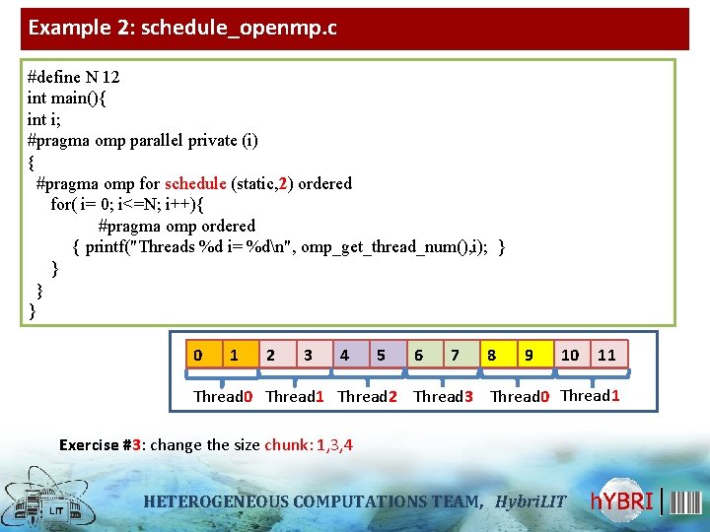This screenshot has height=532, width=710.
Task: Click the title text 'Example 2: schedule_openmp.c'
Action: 182,28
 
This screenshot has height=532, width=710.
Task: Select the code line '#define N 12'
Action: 74,77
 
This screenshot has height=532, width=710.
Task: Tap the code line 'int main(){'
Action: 68,99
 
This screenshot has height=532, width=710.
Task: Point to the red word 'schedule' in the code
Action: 195,183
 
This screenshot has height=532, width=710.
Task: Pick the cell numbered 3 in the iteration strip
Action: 309,355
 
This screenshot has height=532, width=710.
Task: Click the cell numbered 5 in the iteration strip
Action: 381,355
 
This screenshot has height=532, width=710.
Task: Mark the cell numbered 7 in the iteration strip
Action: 455,355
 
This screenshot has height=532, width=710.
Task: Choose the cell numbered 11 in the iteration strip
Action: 606,355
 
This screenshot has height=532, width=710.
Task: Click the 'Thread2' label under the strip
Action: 367,396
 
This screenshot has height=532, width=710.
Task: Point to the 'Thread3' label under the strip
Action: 443,396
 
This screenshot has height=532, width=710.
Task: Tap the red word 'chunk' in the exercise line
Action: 287,445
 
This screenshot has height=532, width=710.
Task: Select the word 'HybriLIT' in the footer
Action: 531,501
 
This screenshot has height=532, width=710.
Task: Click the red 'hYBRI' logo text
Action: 622,501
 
